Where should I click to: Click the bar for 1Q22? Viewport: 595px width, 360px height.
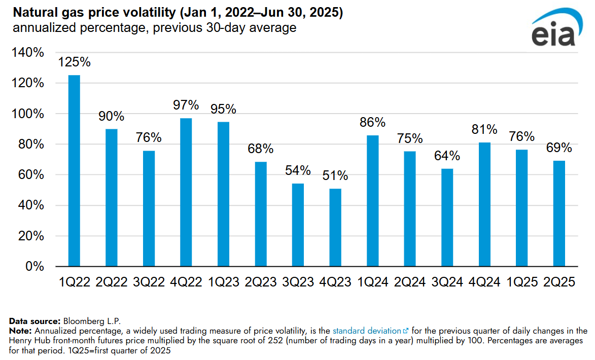pos(74,171)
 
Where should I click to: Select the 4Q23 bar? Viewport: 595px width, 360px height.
pos(335,228)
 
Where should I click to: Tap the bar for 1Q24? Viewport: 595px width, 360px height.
pos(373,201)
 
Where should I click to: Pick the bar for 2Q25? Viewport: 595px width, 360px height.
pos(559,213)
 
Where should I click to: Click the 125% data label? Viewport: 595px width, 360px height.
pos(74,62)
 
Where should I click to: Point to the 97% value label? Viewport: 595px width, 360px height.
pos(186,104)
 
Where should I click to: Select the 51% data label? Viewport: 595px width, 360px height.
pos(335,175)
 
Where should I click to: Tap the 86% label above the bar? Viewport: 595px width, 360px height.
pos(373,122)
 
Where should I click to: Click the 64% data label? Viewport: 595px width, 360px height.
pos(447,156)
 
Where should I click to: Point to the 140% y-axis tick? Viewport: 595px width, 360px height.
pos(28,52)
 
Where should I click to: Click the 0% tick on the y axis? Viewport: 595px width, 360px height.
pos(34,266)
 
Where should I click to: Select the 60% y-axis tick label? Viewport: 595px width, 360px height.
pos(31,174)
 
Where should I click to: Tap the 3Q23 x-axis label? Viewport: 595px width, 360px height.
pos(298,282)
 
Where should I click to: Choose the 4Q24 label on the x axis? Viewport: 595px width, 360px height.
pos(484,282)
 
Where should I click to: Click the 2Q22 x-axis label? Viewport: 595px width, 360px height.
pos(112,282)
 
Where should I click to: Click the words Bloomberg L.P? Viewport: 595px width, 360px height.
pos(92,321)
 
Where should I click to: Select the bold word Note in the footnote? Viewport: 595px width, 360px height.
pos(20,331)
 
